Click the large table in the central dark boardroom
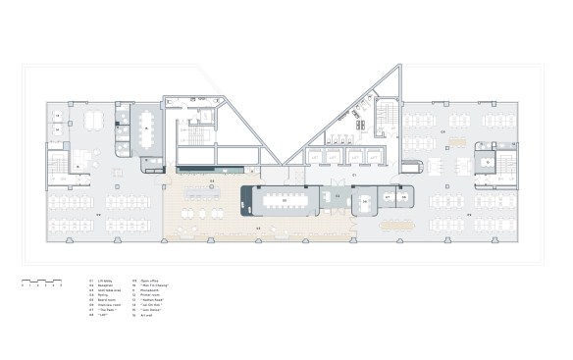click(x=285, y=200)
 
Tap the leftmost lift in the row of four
click(x=314, y=157)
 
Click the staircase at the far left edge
click(x=56, y=162)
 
